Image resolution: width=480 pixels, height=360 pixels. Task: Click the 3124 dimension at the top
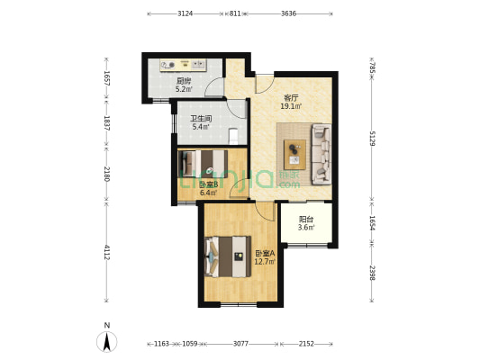(x=186, y=13)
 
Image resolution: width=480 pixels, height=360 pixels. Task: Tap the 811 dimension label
(x=235, y=13)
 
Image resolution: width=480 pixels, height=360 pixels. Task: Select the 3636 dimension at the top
(x=288, y=13)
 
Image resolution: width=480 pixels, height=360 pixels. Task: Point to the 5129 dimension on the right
(x=372, y=139)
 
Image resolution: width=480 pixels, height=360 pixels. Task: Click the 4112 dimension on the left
(x=106, y=252)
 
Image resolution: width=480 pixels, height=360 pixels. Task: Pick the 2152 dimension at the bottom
(x=306, y=344)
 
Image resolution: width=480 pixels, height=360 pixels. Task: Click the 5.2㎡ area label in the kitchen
(x=184, y=89)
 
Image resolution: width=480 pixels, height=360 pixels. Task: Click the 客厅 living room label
(x=291, y=98)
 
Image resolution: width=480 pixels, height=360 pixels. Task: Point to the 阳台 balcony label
(x=306, y=220)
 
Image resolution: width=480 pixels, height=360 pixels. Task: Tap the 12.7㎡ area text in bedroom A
(x=266, y=261)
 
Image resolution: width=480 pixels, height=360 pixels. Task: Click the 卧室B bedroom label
(x=208, y=184)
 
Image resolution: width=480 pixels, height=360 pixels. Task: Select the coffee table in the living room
(x=294, y=155)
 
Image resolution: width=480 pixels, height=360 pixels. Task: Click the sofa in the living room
(x=322, y=154)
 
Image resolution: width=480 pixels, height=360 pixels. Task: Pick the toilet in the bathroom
(x=233, y=136)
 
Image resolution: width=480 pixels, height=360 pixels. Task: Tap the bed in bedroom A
(x=228, y=256)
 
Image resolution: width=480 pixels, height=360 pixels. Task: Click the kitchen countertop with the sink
(x=183, y=65)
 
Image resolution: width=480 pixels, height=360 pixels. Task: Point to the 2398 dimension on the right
(x=372, y=273)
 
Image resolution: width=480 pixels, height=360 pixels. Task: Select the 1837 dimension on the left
(x=106, y=123)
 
